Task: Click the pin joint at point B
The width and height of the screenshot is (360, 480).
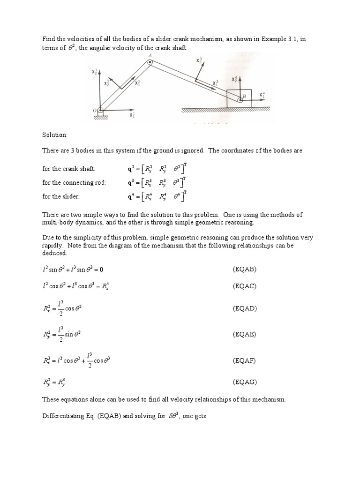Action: coord(240,99)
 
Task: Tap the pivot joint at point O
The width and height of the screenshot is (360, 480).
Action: coord(101,111)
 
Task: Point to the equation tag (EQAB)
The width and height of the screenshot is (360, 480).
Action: coord(245,270)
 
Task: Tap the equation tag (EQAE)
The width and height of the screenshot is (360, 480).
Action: coord(245,334)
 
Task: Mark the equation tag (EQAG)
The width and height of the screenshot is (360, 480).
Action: coord(245,382)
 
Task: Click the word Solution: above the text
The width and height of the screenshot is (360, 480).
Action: coord(55,135)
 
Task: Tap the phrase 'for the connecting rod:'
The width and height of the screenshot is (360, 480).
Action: coord(74,183)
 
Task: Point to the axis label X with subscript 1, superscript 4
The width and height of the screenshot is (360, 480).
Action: coord(262,95)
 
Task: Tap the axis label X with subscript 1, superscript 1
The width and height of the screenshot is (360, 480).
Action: coord(133,113)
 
